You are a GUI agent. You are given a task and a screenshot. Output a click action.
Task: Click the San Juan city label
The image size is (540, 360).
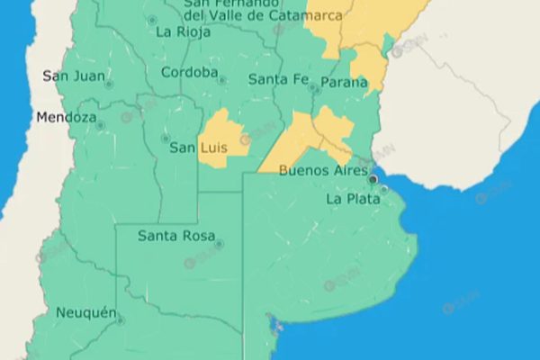click(73, 76)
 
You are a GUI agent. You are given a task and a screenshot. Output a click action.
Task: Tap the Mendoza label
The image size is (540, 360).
click(66, 117)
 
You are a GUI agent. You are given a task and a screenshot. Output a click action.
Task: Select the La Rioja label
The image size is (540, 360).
click(183, 31)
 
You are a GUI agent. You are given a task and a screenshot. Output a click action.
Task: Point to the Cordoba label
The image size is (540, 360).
click(189, 73)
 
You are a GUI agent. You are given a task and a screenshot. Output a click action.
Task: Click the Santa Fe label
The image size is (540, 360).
click(276, 79)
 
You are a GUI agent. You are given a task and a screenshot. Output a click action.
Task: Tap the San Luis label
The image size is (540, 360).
click(197, 148)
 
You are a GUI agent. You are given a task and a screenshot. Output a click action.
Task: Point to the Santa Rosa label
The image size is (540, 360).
click(175, 236)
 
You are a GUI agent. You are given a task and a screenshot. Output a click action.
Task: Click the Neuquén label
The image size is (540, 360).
click(86, 312)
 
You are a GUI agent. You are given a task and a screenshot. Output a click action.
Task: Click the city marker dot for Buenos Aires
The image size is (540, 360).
click(373, 178)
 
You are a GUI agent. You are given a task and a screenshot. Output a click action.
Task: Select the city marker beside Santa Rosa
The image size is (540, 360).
click(219, 243)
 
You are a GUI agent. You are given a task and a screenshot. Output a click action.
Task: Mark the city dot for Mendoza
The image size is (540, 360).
click(100, 125)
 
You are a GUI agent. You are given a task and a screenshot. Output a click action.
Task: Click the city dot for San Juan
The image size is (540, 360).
click(108, 85)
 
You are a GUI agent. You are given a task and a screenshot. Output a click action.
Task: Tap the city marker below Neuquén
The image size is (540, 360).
click(120, 319)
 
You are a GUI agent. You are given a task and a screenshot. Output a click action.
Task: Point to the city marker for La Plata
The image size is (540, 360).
click(384, 189)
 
